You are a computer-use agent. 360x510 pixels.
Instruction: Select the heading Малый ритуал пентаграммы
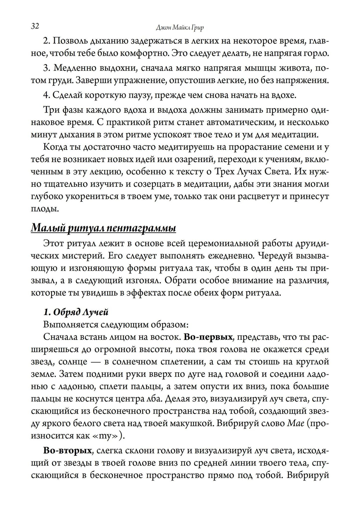103,228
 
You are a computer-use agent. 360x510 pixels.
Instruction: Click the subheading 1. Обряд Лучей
76,311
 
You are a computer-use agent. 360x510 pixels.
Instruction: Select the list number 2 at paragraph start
46,41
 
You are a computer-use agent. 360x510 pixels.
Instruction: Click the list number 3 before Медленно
46,68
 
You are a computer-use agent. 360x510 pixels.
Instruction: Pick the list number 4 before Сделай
46,95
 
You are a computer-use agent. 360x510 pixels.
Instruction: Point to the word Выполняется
67,324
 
